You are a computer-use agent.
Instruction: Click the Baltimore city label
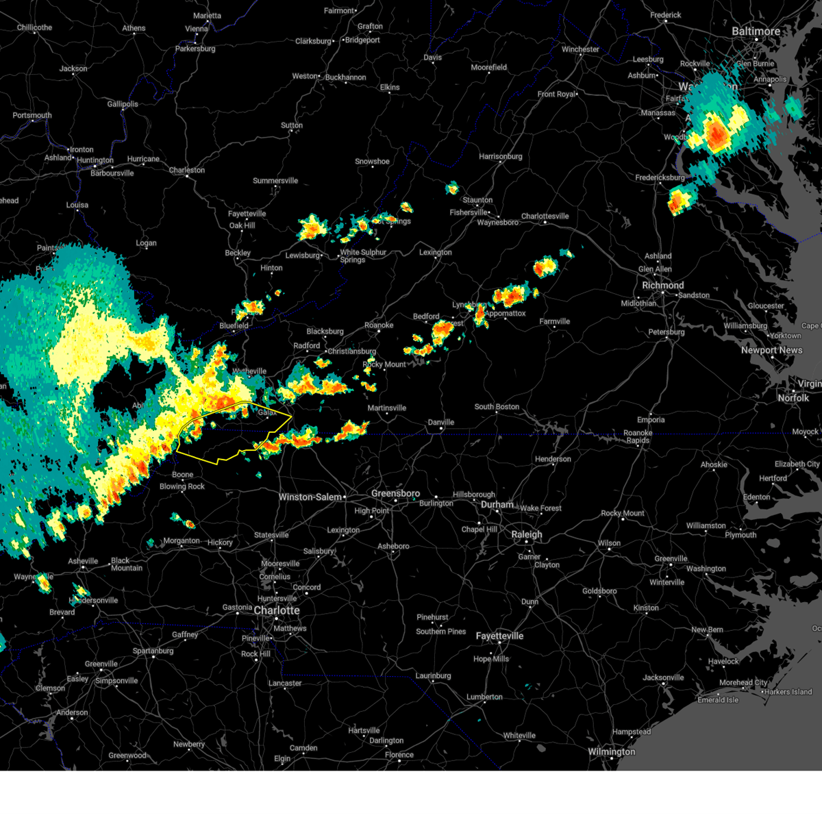coord(756,32)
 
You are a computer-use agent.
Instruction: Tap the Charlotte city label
coord(277,610)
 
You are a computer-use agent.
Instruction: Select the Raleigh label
coord(526,534)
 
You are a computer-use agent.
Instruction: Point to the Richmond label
coord(662,285)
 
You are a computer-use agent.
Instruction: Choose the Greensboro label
coord(395,493)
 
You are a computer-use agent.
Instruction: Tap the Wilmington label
coord(611,751)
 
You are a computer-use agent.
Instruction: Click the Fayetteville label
coord(499,636)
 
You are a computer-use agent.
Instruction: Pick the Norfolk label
coord(793,398)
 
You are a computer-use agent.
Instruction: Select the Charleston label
coord(186,170)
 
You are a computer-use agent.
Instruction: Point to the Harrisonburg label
coord(500,156)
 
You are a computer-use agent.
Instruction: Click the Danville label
coord(440,422)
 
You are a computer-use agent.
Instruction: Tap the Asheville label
coord(83,561)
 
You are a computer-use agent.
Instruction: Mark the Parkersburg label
coord(195,49)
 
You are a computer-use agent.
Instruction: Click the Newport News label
coord(771,350)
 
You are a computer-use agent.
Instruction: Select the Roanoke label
coord(379,325)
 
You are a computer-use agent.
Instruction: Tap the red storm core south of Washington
coord(717,134)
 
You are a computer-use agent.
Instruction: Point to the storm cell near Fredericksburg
coord(679,200)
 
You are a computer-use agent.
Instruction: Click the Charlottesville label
coord(545,216)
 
